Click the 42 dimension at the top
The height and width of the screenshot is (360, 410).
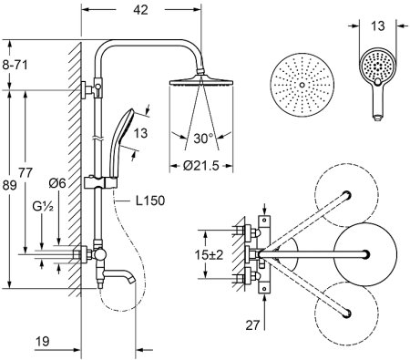140,10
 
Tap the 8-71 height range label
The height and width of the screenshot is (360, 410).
15,65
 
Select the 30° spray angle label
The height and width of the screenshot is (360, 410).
203,139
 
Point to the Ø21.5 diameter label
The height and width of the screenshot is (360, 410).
201,166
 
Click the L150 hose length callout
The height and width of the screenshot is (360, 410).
150,201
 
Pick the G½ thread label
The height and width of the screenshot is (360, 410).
43,207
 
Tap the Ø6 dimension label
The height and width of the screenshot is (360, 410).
57,183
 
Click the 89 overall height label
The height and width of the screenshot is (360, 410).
9,185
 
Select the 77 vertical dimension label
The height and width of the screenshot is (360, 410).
26,173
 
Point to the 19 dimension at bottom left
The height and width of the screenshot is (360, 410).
43,341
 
